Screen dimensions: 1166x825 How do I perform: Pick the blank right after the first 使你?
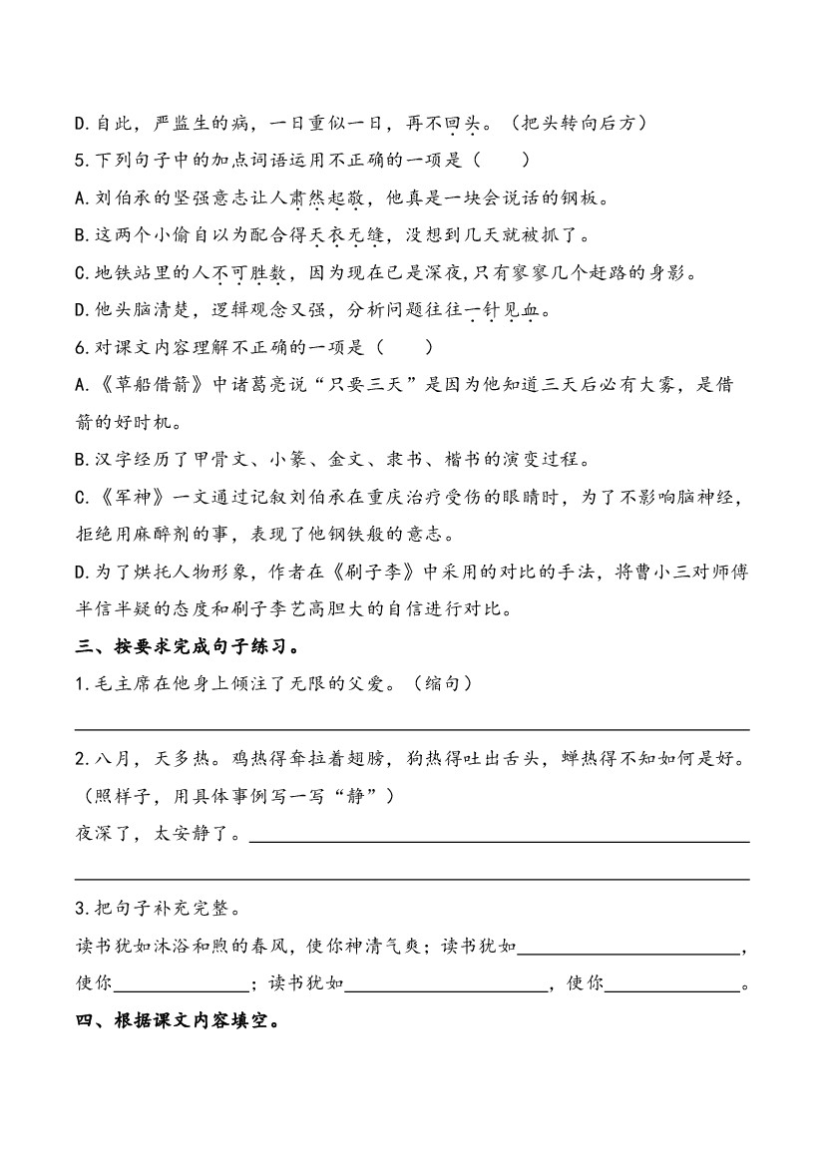[181, 984]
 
